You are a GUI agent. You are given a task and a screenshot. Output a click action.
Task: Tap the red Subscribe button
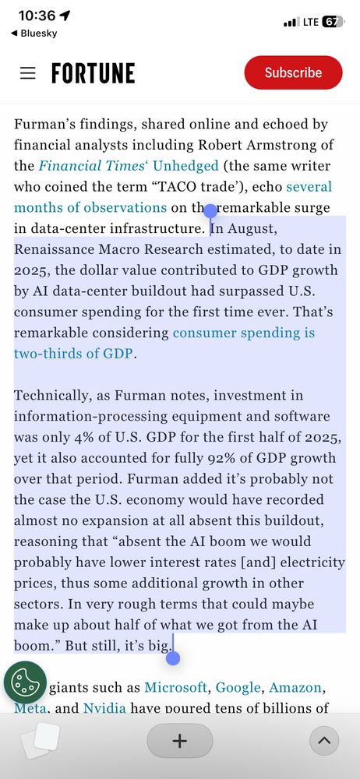[x=293, y=72]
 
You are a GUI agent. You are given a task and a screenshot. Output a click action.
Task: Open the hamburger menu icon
[x=28, y=73]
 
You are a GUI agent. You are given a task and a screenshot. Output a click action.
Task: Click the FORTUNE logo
[x=93, y=73]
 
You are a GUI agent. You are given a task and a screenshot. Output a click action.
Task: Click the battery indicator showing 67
[x=332, y=22]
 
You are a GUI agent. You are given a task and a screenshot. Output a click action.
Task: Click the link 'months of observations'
[x=90, y=207]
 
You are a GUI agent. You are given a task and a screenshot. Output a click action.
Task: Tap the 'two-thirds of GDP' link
[x=74, y=353]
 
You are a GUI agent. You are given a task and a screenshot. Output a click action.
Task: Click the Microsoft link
[x=175, y=687]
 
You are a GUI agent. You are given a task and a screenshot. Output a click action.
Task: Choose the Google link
[x=238, y=687]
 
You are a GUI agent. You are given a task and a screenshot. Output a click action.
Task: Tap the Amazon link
[x=295, y=687]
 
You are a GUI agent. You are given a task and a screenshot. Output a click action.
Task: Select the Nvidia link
[x=104, y=708]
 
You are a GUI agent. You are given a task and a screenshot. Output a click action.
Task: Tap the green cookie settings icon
[x=25, y=682]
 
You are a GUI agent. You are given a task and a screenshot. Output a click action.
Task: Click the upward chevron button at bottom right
[x=324, y=740]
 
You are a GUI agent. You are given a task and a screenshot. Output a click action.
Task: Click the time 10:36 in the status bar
[x=36, y=16]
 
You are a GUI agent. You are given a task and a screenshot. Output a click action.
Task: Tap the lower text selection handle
[x=173, y=658]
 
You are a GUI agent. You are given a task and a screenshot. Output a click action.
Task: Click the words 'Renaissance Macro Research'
[x=104, y=249]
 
